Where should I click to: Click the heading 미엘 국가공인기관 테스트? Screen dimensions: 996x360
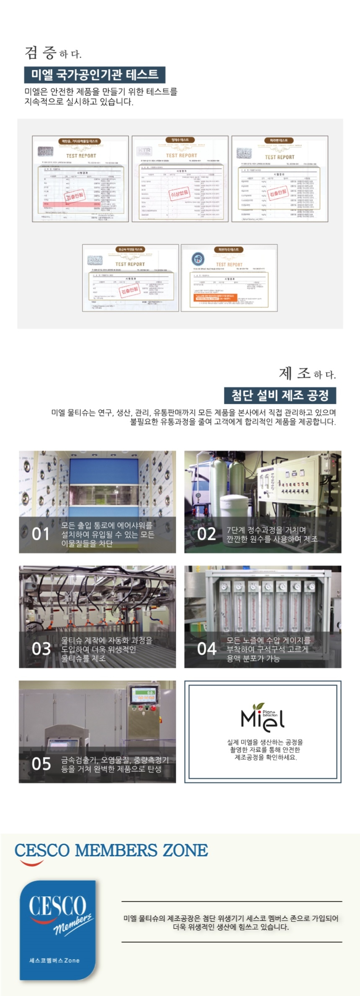[x=95, y=75]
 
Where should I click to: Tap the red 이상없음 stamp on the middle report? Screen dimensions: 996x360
[x=179, y=193]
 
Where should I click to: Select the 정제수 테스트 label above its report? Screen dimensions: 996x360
[x=180, y=140]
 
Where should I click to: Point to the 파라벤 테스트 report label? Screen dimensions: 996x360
[x=279, y=141]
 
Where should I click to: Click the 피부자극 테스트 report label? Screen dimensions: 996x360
[x=229, y=249]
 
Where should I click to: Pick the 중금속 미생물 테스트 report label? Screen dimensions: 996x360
[x=130, y=249]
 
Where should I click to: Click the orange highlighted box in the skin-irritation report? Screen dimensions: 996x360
[x=215, y=298]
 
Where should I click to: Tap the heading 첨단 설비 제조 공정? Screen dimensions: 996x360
[x=280, y=395]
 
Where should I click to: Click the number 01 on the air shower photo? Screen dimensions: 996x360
[x=41, y=534]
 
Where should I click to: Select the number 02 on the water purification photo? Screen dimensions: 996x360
[x=206, y=534]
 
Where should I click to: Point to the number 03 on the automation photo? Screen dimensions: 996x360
[x=41, y=649]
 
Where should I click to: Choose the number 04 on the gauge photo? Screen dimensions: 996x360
[x=207, y=649]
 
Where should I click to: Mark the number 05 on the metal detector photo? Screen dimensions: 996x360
[x=41, y=764]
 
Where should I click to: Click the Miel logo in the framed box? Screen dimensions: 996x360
[x=262, y=717]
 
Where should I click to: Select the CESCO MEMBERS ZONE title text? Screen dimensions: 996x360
[x=111, y=850]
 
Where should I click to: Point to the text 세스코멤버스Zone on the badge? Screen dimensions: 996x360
[x=54, y=960]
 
